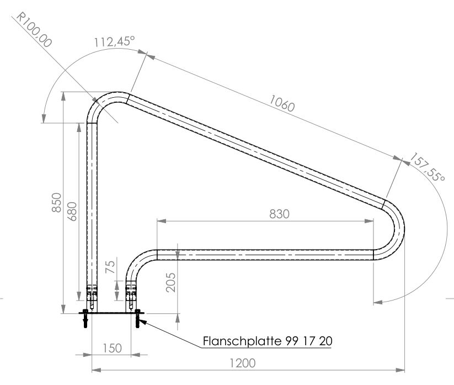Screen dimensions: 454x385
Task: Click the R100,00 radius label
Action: [x=34, y=29]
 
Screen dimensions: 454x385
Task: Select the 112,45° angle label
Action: [x=114, y=41]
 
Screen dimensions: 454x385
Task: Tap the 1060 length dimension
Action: [x=282, y=103]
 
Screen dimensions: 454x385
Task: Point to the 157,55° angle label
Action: [x=427, y=167]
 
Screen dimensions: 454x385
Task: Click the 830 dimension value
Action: [x=280, y=214]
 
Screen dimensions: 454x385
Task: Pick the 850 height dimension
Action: [x=56, y=202]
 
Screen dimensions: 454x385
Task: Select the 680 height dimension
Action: [x=72, y=212]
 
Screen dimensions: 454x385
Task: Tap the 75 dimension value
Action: [x=110, y=267]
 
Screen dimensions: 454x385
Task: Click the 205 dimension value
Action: [x=170, y=282]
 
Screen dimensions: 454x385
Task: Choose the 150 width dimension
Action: [x=113, y=348]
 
